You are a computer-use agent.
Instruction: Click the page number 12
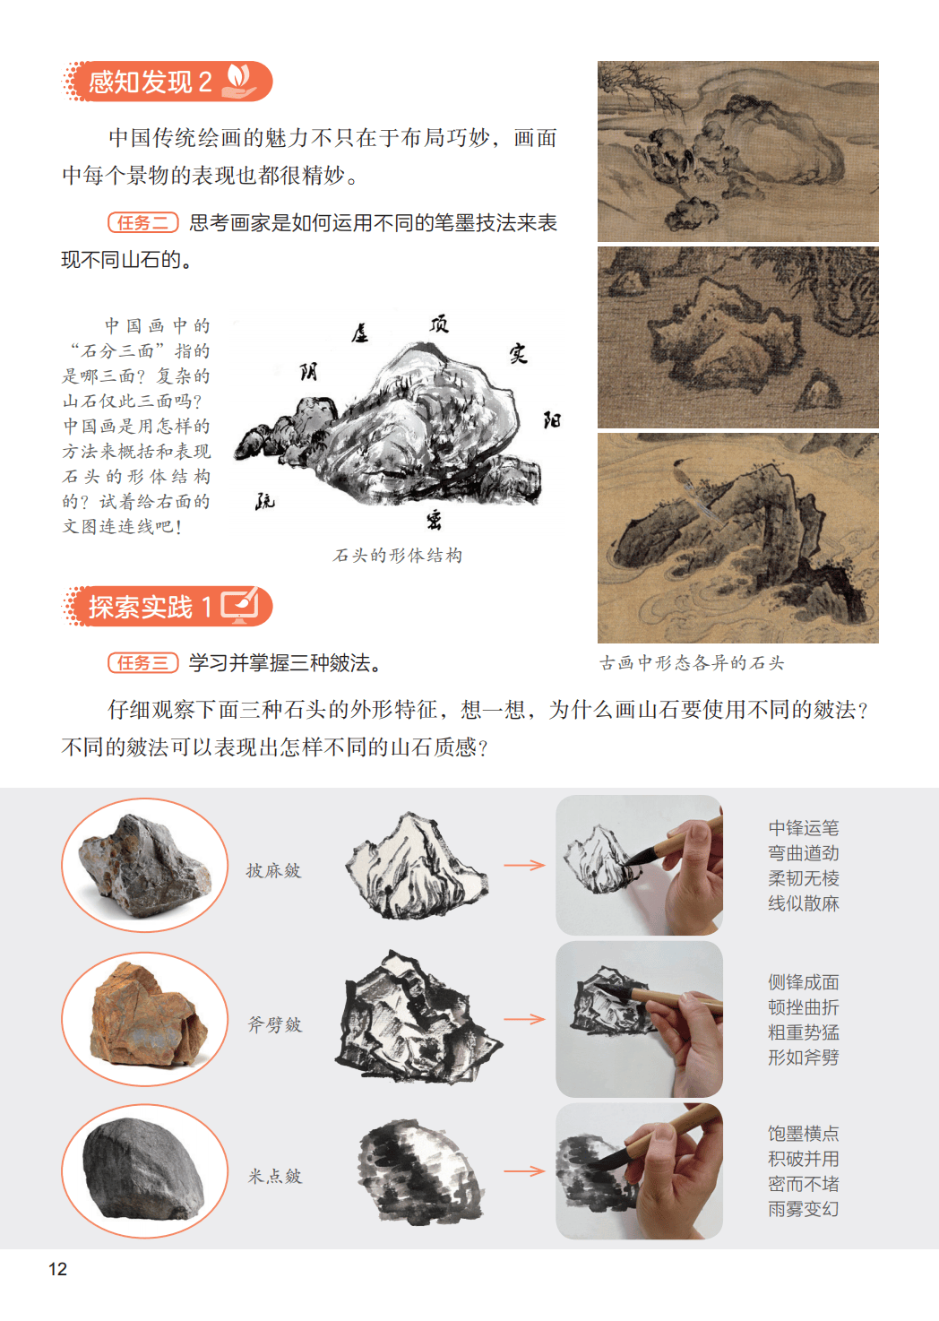[x=57, y=1268]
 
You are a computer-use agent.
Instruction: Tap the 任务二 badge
[x=142, y=222]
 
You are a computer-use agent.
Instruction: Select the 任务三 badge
[x=142, y=662]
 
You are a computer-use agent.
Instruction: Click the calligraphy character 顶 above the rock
[x=439, y=324]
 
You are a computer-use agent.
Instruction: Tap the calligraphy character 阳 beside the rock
[x=552, y=420]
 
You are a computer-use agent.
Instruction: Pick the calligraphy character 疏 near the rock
[x=264, y=501]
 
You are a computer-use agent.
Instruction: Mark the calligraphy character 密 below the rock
[x=434, y=521]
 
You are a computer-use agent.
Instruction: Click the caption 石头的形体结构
[x=397, y=556]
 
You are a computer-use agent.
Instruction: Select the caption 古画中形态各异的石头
[x=692, y=663]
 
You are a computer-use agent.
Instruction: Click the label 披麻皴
[x=274, y=870]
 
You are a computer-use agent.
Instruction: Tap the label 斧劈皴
[x=275, y=1024]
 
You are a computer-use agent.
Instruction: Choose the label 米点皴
[x=275, y=1177]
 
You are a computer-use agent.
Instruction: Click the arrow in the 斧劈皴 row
[x=525, y=1019]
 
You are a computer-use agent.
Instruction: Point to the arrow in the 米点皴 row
[x=525, y=1171]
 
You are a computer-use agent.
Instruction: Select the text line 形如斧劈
[x=804, y=1058]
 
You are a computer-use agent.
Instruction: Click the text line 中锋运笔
[x=804, y=828]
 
